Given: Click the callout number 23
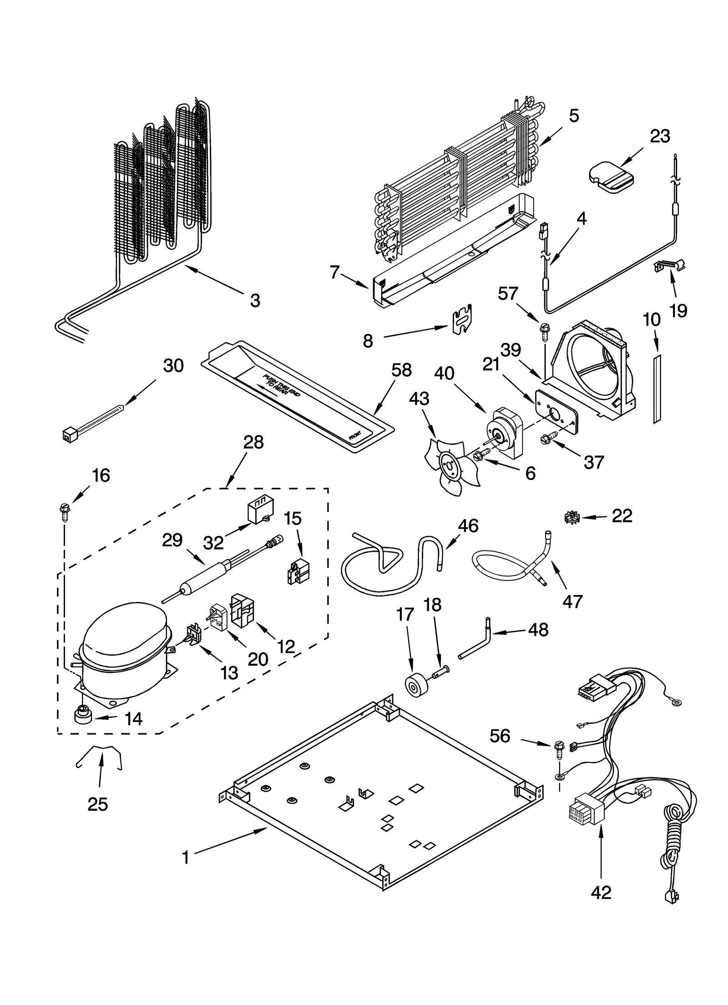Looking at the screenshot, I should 660,136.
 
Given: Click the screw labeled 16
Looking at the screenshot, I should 64,511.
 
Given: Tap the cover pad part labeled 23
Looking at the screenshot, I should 610,177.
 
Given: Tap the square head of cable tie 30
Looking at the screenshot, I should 68,436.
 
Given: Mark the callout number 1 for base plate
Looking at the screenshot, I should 185,858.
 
